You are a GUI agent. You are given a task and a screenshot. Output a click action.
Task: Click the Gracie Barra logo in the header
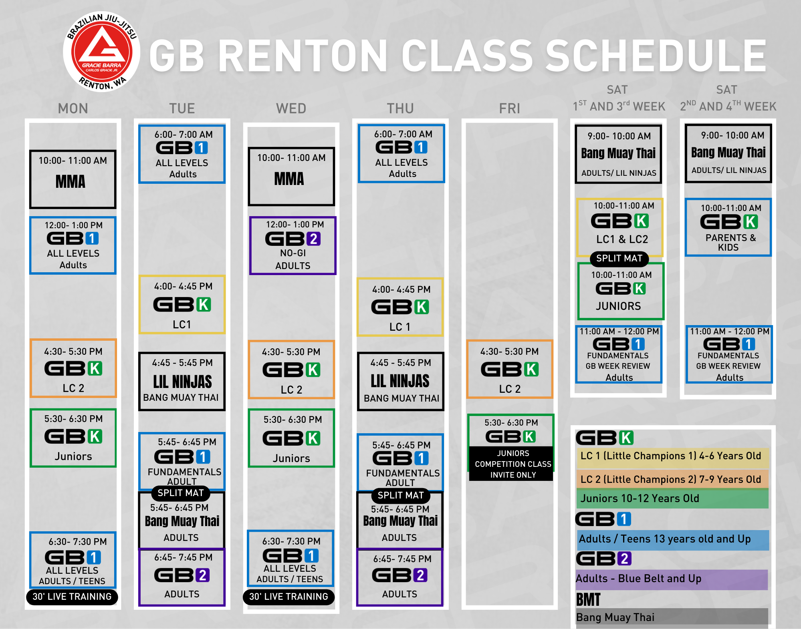[x=102, y=52]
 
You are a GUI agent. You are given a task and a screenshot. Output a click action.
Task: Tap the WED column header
[x=291, y=109]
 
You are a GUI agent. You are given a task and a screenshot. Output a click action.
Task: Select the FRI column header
[x=510, y=109]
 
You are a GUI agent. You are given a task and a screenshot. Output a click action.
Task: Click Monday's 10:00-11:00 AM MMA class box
[x=73, y=179]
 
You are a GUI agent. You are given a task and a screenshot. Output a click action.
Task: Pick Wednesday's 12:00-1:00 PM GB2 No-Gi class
[x=293, y=245]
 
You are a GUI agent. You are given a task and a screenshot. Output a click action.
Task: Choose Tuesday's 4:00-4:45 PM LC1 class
[x=182, y=304]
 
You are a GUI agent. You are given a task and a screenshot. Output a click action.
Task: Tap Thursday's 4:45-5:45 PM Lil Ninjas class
[x=401, y=381]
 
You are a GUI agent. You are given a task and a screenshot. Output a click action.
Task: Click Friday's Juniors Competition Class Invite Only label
[x=513, y=464]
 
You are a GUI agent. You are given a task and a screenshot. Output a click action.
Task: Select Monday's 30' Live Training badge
[x=72, y=597]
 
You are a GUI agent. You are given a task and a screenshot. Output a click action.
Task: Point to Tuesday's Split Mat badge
[x=181, y=493]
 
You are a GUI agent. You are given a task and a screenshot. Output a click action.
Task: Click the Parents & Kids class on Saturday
[x=728, y=227]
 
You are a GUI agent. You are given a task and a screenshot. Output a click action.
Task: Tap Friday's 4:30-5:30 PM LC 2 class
[x=510, y=369]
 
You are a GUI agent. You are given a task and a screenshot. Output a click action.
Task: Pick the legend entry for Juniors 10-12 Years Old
[x=672, y=498]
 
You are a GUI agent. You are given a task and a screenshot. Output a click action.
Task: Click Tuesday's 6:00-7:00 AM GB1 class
[x=182, y=154]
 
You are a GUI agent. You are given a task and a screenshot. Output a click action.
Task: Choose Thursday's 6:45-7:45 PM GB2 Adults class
[x=400, y=577]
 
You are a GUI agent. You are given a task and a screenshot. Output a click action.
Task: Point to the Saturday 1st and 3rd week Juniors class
[x=621, y=291]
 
